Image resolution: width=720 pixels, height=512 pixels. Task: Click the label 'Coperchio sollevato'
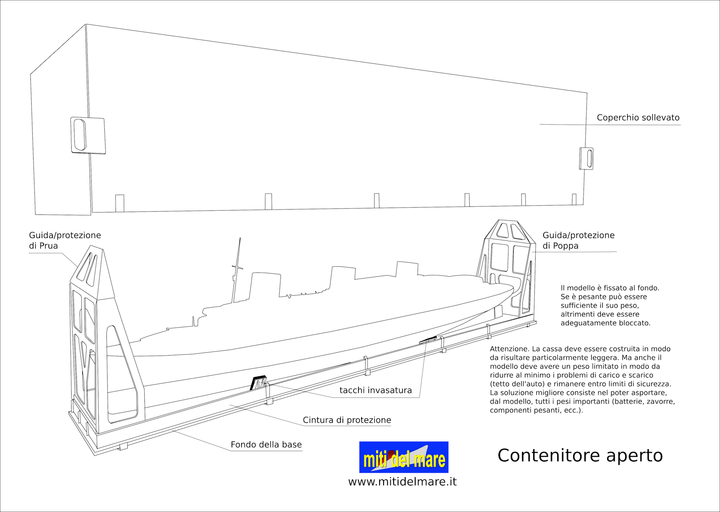pos(638,118)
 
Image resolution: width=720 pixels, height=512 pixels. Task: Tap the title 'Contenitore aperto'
pos(580,455)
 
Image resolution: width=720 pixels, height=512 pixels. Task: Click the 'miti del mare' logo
pos(404,457)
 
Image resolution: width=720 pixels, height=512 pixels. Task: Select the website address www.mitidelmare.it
pos(402,482)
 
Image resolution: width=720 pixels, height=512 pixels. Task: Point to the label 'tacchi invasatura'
pos(376,390)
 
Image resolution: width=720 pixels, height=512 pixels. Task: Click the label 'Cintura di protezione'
pos(347,420)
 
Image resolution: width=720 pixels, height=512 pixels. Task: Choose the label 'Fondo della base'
pos(266,444)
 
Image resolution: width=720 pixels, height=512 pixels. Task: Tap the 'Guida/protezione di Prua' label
pos(65,240)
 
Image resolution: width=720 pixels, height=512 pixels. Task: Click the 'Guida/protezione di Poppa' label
pos(578,240)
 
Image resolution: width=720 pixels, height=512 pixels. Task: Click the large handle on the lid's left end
pos(88,135)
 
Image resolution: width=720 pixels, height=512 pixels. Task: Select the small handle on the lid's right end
pos(586,158)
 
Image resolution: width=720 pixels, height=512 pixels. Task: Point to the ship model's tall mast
pos(236,270)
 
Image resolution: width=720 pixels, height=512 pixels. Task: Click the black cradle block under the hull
pos(258,382)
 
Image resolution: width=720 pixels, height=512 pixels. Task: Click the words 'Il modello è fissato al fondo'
pos(610,288)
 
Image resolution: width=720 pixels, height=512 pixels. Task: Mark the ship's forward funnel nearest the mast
pos(264,285)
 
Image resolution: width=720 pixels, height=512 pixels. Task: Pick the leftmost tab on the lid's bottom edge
pos(120,203)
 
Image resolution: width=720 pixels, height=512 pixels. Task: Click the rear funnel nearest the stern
pos(407,269)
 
